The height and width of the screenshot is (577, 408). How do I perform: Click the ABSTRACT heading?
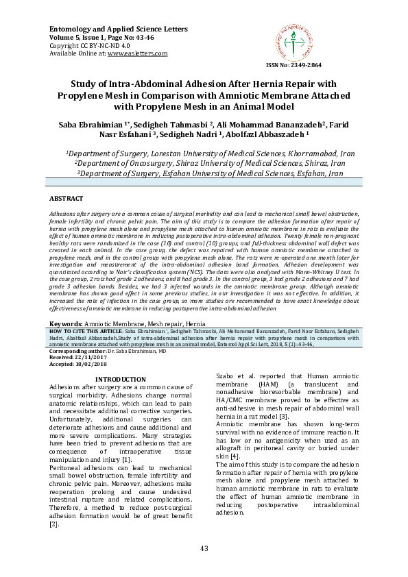coord(66,197)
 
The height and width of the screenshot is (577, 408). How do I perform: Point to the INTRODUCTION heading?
coord(120,379)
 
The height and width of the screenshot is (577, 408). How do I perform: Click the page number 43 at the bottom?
coord(204,548)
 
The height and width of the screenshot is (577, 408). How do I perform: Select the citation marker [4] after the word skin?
coord(235,456)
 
